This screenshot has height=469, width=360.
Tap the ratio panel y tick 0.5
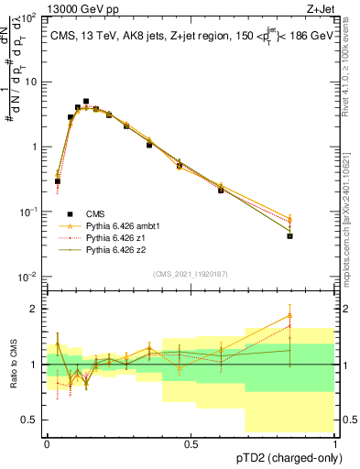tap(31, 420)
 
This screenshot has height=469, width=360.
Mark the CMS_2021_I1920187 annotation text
tap(191, 272)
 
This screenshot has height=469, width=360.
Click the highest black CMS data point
tap(86, 102)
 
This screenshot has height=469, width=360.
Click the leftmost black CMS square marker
tap(58, 181)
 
